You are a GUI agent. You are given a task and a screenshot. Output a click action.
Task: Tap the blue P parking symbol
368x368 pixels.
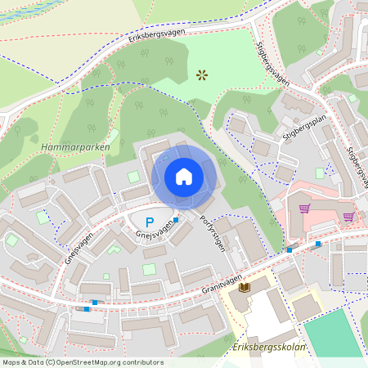(x=149, y=222)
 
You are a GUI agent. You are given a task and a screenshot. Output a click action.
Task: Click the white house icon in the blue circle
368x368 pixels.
(x=184, y=177)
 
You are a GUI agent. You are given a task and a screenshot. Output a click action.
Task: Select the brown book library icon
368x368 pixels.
(x=243, y=287)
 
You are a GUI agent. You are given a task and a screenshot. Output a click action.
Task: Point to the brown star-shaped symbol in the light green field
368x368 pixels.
(x=202, y=75)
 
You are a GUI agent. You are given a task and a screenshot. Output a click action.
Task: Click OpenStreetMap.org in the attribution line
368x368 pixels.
(x=98, y=362)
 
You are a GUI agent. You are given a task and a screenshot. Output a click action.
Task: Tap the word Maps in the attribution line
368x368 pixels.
(x=12, y=362)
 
